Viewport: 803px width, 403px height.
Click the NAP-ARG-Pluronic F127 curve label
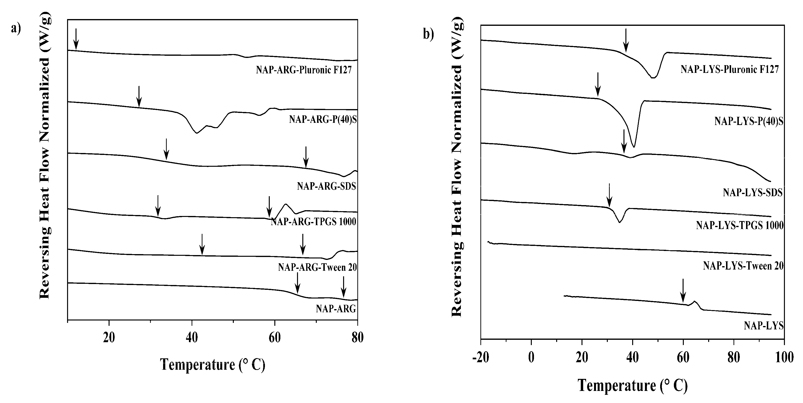[304, 69]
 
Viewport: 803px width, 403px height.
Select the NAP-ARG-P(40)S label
[323, 119]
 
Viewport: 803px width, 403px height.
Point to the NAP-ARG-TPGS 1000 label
[313, 222]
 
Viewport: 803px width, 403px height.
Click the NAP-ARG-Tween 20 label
[317, 267]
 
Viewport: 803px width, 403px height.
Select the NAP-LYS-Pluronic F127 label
[729, 69]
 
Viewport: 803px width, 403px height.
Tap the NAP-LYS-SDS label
[753, 193]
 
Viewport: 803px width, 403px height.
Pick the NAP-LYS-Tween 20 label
[743, 266]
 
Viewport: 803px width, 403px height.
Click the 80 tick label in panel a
[357, 338]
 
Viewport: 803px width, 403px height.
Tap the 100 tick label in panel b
[784, 357]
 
